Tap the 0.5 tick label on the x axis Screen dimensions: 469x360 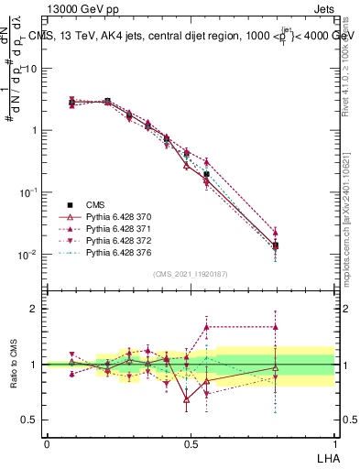pos(190,442)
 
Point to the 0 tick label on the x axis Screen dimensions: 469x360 pos(47,442)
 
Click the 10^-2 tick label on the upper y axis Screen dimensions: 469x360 pos(27,255)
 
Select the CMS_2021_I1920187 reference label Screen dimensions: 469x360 pos(190,273)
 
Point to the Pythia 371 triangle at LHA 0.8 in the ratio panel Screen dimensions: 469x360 pos(276,326)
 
